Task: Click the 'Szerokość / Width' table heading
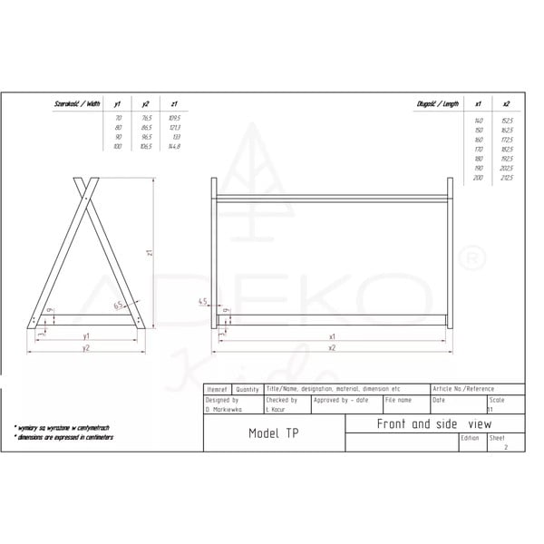coord(79,105)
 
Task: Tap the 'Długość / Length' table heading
coord(439,105)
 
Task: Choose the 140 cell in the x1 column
coord(479,121)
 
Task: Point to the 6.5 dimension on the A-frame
coord(118,306)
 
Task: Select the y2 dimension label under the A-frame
coord(86,347)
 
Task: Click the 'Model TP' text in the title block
coord(273,433)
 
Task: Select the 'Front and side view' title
coord(421,423)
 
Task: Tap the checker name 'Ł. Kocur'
coord(276,409)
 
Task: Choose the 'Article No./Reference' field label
coord(462,388)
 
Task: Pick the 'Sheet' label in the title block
coord(497,437)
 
